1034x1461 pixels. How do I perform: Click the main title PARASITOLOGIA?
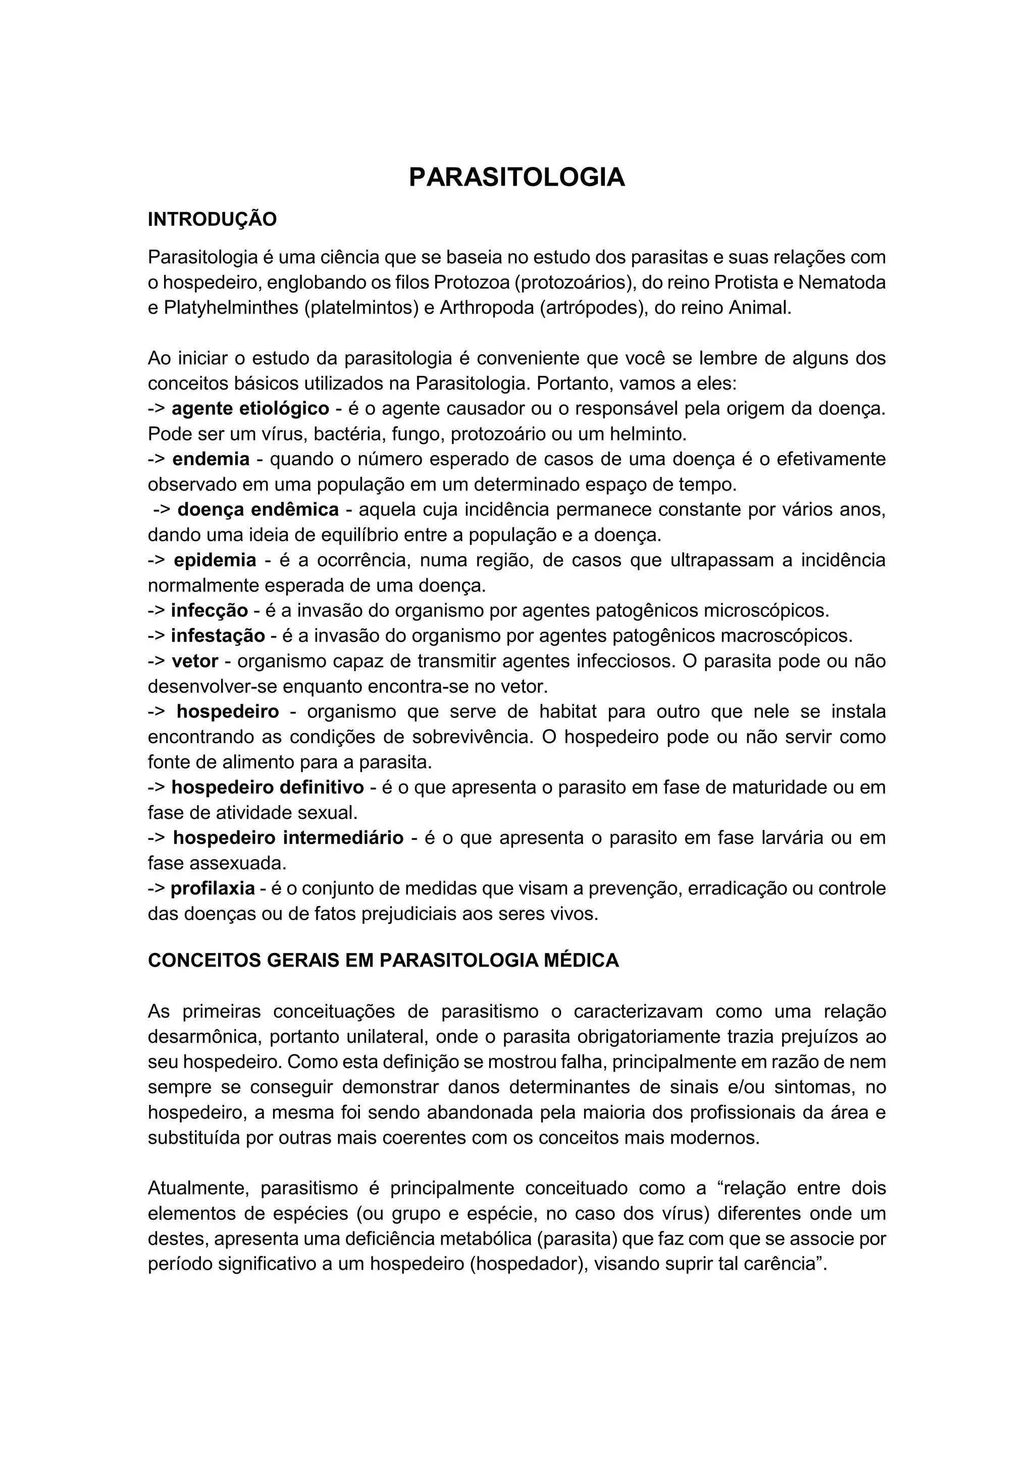516,178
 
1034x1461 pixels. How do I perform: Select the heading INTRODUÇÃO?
212,219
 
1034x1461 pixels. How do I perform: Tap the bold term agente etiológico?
250,409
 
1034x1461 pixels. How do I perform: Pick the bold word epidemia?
215,560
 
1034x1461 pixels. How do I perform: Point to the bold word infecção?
209,611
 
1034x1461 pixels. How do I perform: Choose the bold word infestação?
217,636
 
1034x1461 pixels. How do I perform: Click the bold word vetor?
195,661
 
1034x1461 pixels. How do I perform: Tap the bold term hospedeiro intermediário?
288,837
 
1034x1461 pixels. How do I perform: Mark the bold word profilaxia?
213,888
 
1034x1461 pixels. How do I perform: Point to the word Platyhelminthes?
232,308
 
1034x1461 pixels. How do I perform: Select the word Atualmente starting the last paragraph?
198,1188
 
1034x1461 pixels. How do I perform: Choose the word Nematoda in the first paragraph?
842,283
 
